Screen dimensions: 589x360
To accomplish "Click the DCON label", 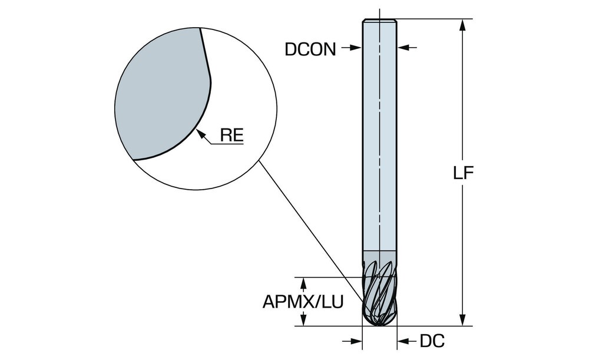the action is point(310,49).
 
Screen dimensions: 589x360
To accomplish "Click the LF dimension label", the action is point(463,173).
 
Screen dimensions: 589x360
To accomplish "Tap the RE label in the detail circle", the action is point(231,136).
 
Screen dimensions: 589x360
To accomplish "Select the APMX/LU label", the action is point(303,302).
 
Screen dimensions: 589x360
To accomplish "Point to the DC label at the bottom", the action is point(432,341).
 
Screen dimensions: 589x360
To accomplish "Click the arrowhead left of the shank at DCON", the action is point(355,47).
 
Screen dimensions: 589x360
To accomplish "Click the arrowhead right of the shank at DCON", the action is point(403,47).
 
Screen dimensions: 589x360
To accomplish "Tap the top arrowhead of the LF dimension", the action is point(463,25).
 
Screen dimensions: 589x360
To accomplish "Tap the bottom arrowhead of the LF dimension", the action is point(463,320).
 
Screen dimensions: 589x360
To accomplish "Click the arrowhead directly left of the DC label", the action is point(403,341).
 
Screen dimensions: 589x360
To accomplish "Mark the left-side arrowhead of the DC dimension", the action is point(356,341).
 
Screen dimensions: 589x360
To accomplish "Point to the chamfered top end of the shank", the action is point(379,21).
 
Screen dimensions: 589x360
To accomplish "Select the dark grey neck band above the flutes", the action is point(379,255).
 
